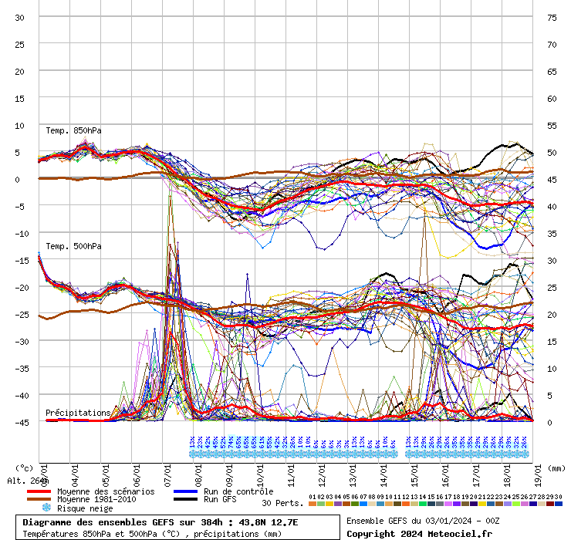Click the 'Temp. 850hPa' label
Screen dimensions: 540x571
coord(73,130)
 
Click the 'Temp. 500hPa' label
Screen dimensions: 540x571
coord(73,246)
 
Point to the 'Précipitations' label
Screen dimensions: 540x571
coord(77,413)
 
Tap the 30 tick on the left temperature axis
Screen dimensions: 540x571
coord(20,17)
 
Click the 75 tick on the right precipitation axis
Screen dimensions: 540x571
coord(552,17)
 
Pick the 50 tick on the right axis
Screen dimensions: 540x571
coord(552,152)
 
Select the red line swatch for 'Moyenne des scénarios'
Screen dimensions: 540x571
coord(39,491)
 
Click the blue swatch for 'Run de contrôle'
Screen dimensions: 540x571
coord(185,491)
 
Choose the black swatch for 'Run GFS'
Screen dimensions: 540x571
coord(185,500)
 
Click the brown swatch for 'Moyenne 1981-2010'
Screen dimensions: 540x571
coord(39,500)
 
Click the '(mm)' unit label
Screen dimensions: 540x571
coord(557,467)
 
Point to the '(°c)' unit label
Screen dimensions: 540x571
coord(25,467)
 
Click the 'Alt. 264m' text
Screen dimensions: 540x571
coord(28,481)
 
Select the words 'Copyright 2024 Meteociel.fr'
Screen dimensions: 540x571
coord(419,533)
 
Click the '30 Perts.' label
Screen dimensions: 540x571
coord(282,503)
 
